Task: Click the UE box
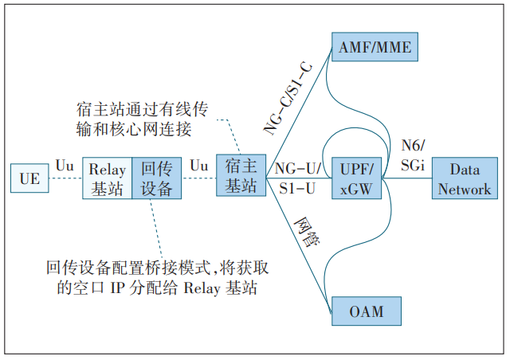(x=29, y=178)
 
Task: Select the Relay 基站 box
(x=108, y=178)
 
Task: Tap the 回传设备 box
(x=156, y=178)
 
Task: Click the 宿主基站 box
(x=241, y=176)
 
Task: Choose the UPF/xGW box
(x=357, y=178)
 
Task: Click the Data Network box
(x=465, y=179)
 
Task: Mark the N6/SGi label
(x=414, y=154)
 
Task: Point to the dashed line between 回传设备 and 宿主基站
(x=199, y=178)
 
